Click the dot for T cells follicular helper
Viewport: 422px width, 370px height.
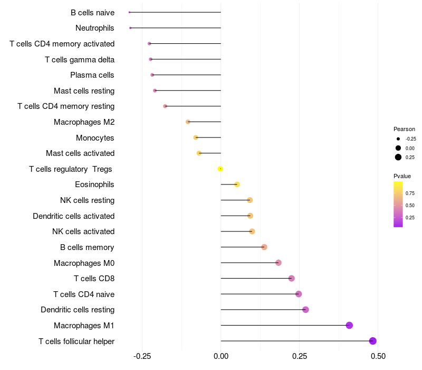373,341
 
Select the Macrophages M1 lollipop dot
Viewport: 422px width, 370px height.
349,325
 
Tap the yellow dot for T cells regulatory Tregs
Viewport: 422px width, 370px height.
220,169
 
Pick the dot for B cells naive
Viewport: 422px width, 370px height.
129,12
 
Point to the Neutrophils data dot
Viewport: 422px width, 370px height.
130,27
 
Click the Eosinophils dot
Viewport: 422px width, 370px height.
237,184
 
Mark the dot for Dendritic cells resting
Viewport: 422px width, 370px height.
305,310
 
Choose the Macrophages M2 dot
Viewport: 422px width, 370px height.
188,122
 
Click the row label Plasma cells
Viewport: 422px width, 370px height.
92,75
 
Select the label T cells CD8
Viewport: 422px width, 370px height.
94,279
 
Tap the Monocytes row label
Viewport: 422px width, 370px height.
95,138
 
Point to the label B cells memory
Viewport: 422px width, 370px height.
87,247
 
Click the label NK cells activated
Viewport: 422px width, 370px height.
83,232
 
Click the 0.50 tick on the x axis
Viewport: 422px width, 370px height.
378,356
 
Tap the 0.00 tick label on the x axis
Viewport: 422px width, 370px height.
220,356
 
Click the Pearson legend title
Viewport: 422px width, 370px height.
404,129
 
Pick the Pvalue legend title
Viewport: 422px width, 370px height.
402,176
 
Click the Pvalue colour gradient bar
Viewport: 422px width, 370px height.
398,204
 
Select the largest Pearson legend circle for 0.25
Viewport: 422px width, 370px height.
398,157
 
